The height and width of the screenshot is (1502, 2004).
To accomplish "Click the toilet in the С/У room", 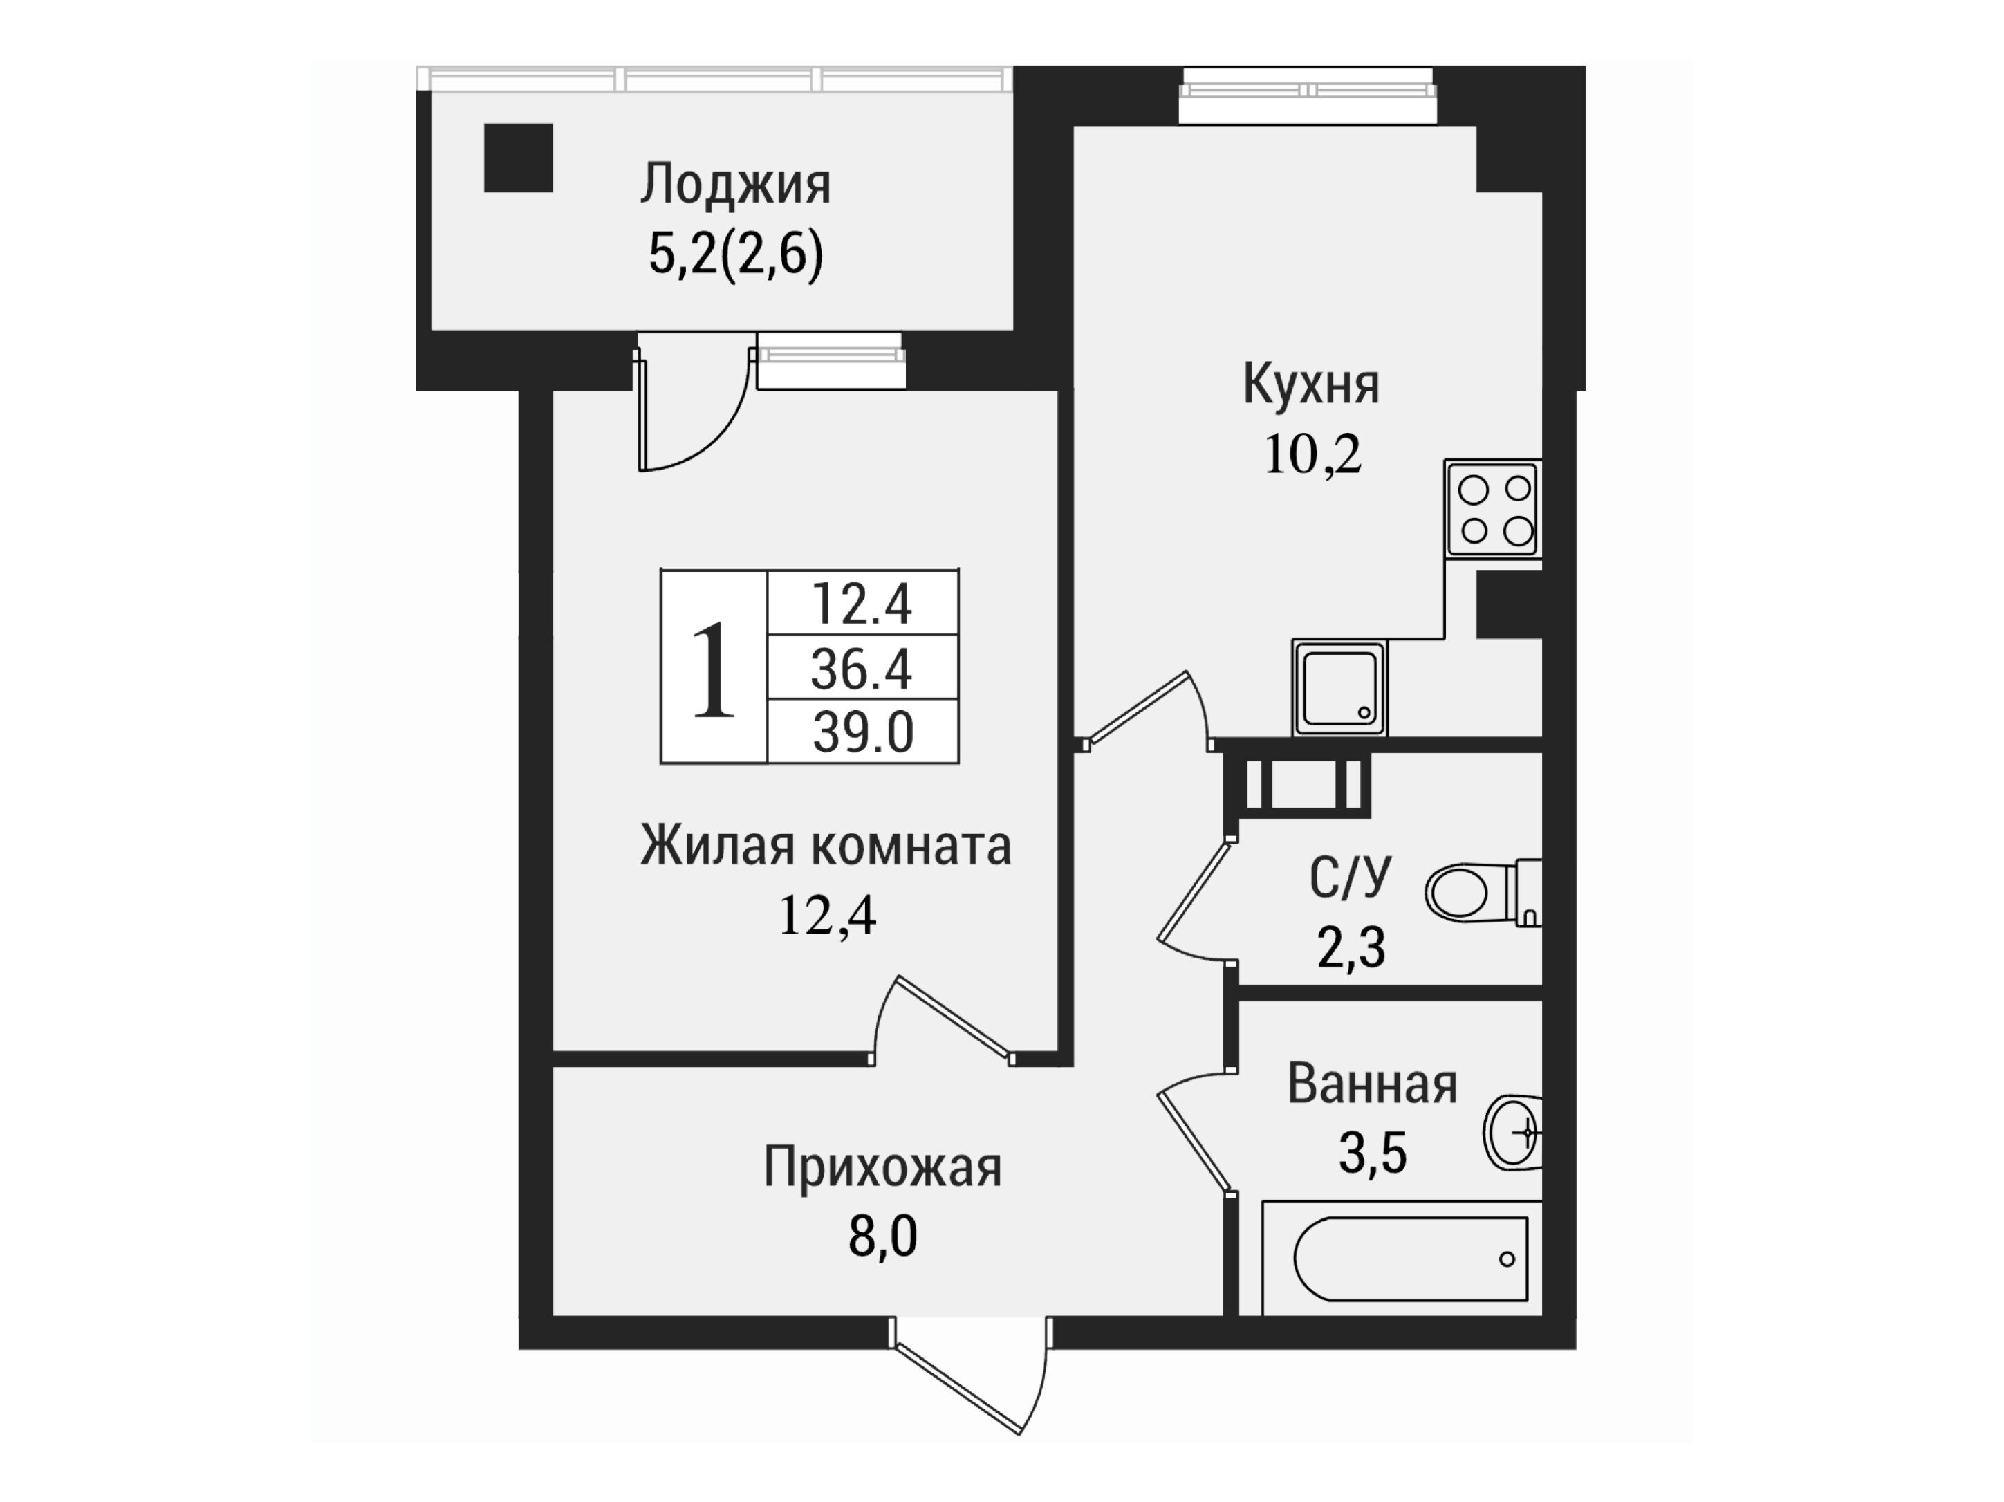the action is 1484,892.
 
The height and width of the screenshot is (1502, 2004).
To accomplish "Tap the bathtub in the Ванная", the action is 1402,1259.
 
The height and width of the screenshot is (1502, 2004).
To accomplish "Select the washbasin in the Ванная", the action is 1513,1133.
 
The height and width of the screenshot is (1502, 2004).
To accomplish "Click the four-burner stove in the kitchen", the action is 1493,508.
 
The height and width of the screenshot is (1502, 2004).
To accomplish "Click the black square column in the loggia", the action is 518,158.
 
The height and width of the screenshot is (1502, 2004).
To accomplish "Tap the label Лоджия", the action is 736,184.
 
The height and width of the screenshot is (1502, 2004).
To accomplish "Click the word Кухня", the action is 1311,384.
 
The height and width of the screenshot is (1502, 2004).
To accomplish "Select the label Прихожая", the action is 882,1167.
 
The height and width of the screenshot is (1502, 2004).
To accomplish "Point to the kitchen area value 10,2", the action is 1312,455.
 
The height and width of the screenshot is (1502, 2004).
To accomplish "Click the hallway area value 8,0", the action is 882,1236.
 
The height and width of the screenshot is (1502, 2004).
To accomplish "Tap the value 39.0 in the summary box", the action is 862,732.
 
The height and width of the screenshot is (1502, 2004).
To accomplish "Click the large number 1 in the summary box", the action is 713,670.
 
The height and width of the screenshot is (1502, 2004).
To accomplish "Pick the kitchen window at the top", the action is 1308,93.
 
